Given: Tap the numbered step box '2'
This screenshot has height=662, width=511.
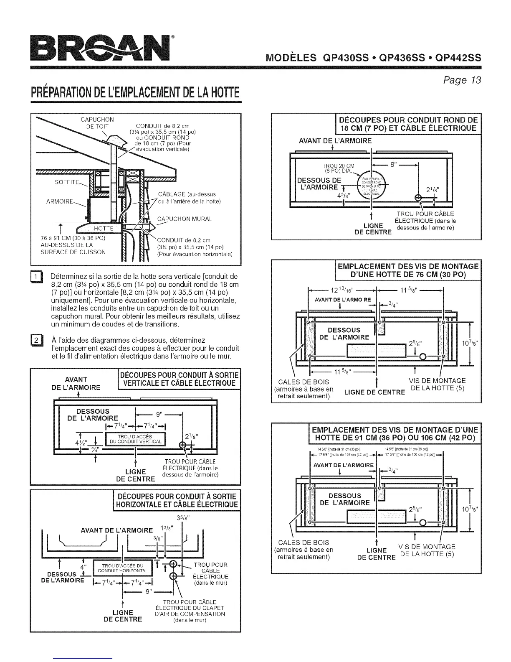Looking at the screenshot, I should (x=36, y=339).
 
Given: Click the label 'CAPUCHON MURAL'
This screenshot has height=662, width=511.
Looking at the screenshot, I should (x=185, y=219).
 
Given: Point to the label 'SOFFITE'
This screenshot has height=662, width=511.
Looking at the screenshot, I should (x=67, y=182).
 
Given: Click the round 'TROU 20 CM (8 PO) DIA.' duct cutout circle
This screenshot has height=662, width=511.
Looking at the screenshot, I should (x=372, y=183).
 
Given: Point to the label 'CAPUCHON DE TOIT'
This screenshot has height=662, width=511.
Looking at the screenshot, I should (x=97, y=123).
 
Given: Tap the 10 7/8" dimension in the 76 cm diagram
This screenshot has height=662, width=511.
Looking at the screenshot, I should (x=471, y=344).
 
